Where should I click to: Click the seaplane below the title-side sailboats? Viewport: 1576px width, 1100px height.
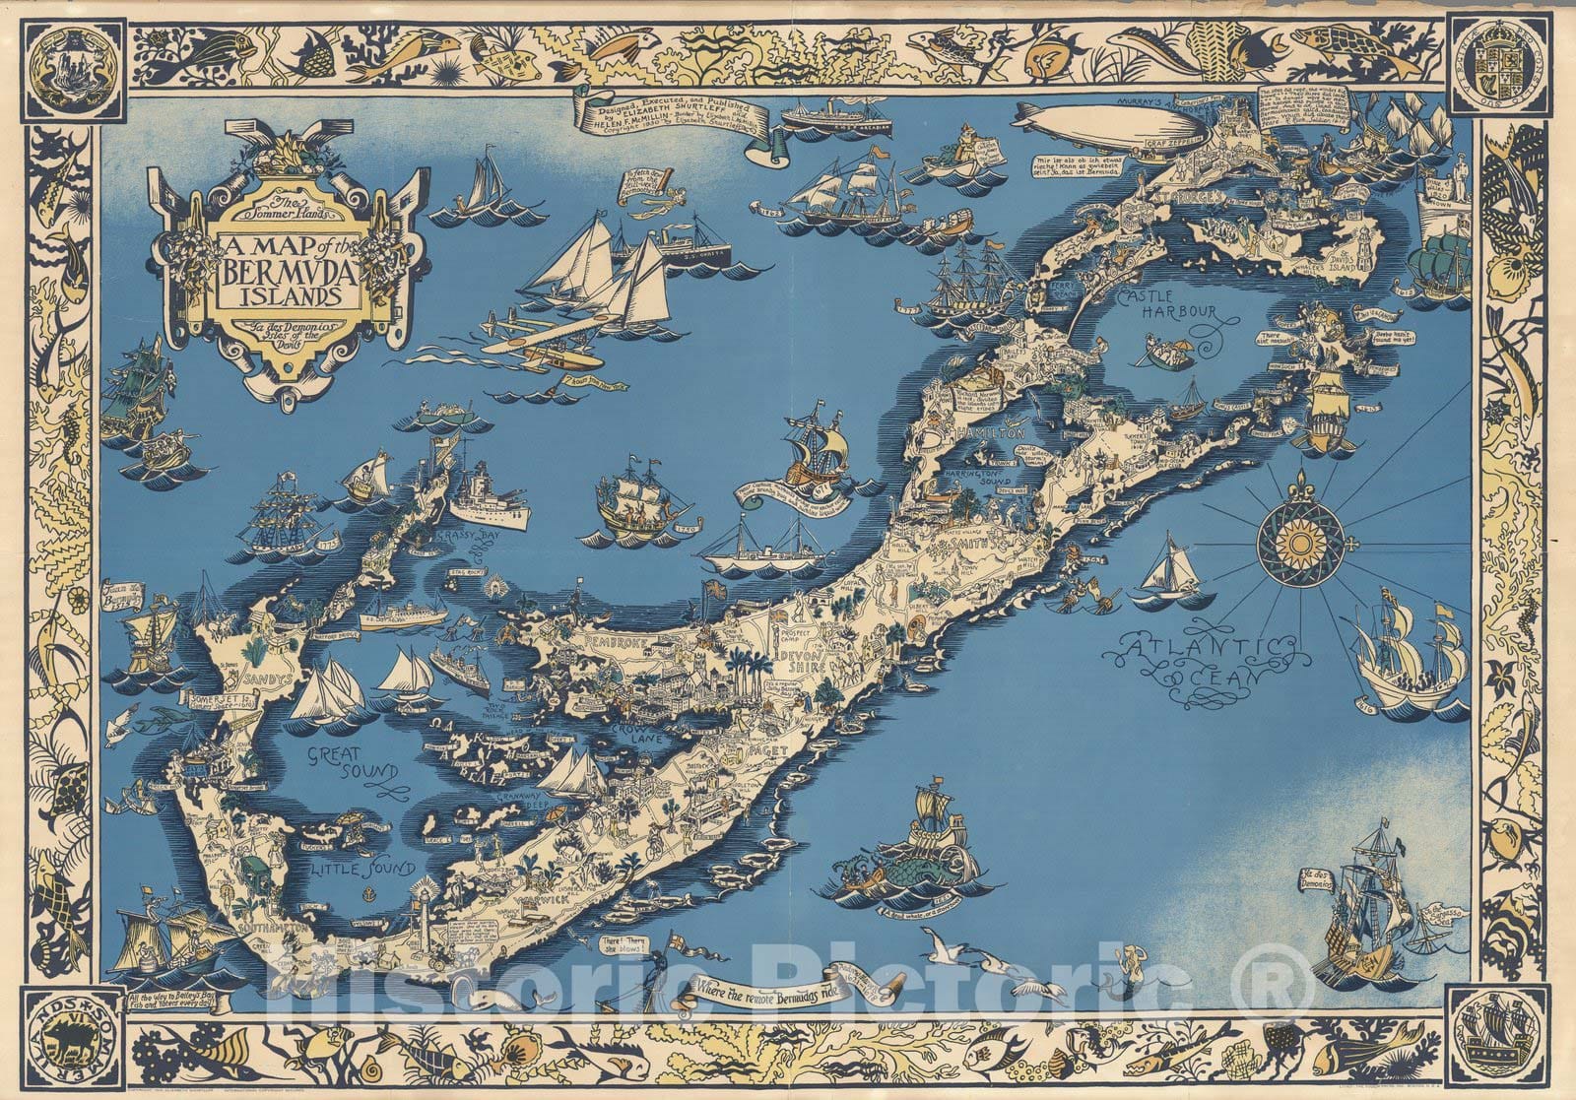tap(532, 336)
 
